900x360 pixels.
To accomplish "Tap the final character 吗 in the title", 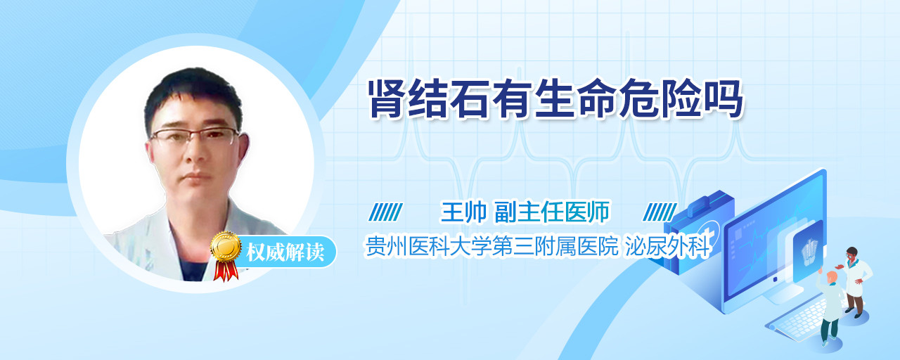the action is coord(724,99).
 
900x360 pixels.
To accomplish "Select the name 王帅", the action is coord(463,212).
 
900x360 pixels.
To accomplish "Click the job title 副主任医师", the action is coord(552,212).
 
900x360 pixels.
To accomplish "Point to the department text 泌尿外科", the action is coord(667,246).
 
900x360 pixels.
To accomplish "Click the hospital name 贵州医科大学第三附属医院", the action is coord(491,246).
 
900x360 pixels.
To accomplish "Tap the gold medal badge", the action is coord(226,246).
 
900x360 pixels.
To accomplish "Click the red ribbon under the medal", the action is coord(226,271).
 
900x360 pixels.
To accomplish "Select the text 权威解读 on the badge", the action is coord(285,252).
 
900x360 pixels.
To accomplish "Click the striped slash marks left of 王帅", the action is coord(386,212).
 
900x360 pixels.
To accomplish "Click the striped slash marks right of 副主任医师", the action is coord(660,212).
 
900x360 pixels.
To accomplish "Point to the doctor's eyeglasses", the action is coord(195,136).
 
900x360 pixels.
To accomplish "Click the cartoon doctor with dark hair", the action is coord(855,281).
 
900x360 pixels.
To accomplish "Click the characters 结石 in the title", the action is coord(449,99).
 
